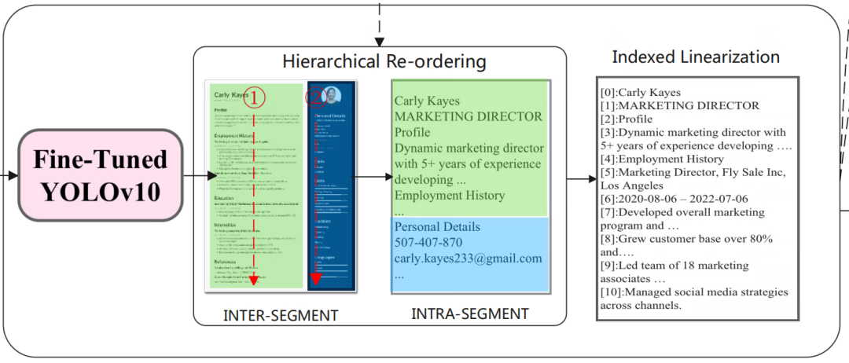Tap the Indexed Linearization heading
point(696,57)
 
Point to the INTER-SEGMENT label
point(281,316)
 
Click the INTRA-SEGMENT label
point(470,314)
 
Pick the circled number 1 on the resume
point(254,97)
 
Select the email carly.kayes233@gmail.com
point(469,258)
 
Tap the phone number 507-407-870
point(428,243)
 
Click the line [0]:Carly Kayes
point(639,92)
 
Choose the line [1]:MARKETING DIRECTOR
point(678,105)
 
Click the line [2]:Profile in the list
point(626,119)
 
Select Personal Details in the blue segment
point(437,227)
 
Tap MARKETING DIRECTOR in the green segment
point(468,116)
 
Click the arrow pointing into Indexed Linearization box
point(581,179)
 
